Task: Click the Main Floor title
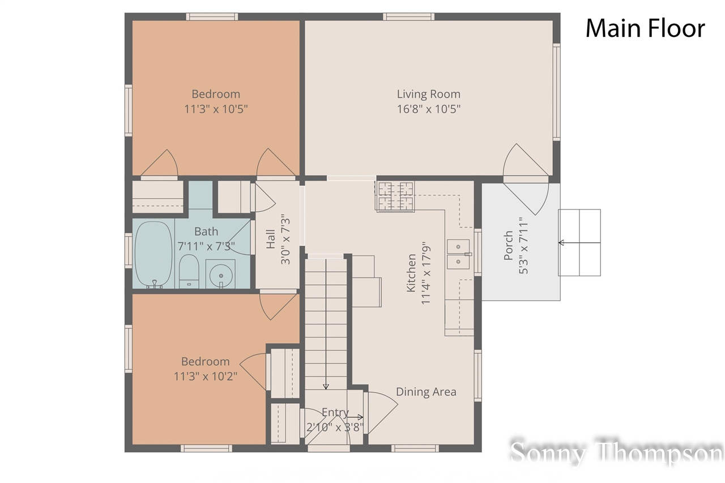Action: (x=645, y=28)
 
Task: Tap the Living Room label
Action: (x=428, y=94)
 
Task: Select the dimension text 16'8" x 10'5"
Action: (x=428, y=109)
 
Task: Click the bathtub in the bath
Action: (x=153, y=255)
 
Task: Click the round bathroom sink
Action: (x=220, y=275)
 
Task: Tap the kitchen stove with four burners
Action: (x=395, y=196)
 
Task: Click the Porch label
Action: (x=508, y=245)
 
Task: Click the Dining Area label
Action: (x=426, y=392)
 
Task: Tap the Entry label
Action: (x=335, y=412)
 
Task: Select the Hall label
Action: (x=271, y=239)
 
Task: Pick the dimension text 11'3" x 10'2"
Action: (x=205, y=376)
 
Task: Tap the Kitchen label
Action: (x=411, y=272)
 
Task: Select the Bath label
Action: (x=206, y=231)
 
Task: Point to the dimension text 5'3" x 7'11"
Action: (x=523, y=245)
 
